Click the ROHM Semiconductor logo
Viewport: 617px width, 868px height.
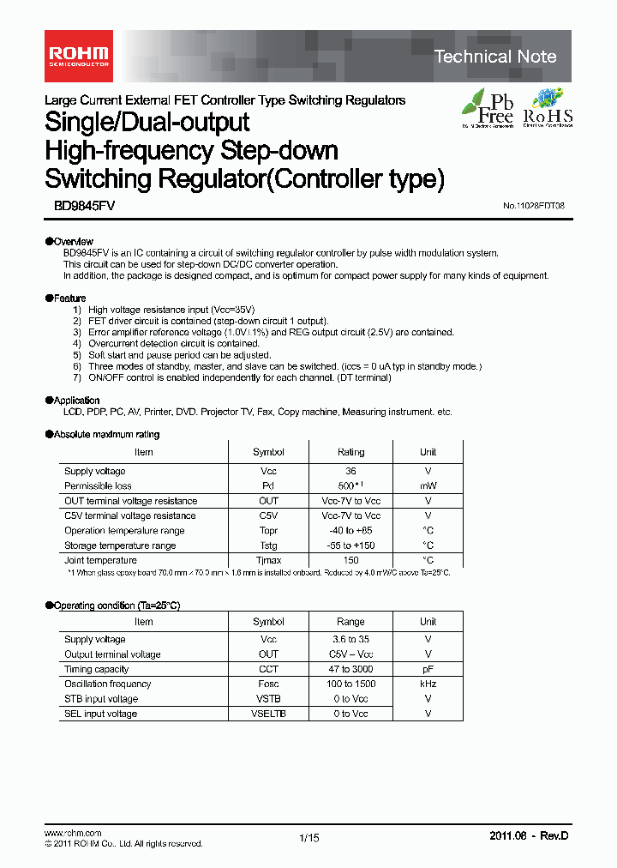(x=77, y=57)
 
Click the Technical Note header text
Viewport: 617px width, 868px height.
(x=495, y=57)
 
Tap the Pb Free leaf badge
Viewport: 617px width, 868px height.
(x=488, y=108)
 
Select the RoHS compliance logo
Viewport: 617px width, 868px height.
(x=548, y=108)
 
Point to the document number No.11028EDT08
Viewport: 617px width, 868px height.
(x=533, y=207)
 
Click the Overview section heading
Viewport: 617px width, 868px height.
(x=70, y=242)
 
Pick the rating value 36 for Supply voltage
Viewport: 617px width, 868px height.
(x=350, y=471)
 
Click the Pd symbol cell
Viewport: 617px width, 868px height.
(x=268, y=485)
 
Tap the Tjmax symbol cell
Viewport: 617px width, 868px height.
(x=268, y=560)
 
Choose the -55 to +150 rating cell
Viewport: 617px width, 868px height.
(x=350, y=546)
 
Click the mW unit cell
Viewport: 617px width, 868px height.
(x=428, y=485)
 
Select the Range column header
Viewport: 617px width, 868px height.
(x=350, y=622)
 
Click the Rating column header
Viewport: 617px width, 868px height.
(x=350, y=452)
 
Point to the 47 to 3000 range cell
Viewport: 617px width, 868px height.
(x=350, y=669)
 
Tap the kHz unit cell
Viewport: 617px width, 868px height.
(x=428, y=684)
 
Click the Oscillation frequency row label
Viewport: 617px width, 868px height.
(x=108, y=684)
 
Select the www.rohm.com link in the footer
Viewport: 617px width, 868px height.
(x=73, y=833)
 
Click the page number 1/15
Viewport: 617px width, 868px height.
(x=309, y=838)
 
